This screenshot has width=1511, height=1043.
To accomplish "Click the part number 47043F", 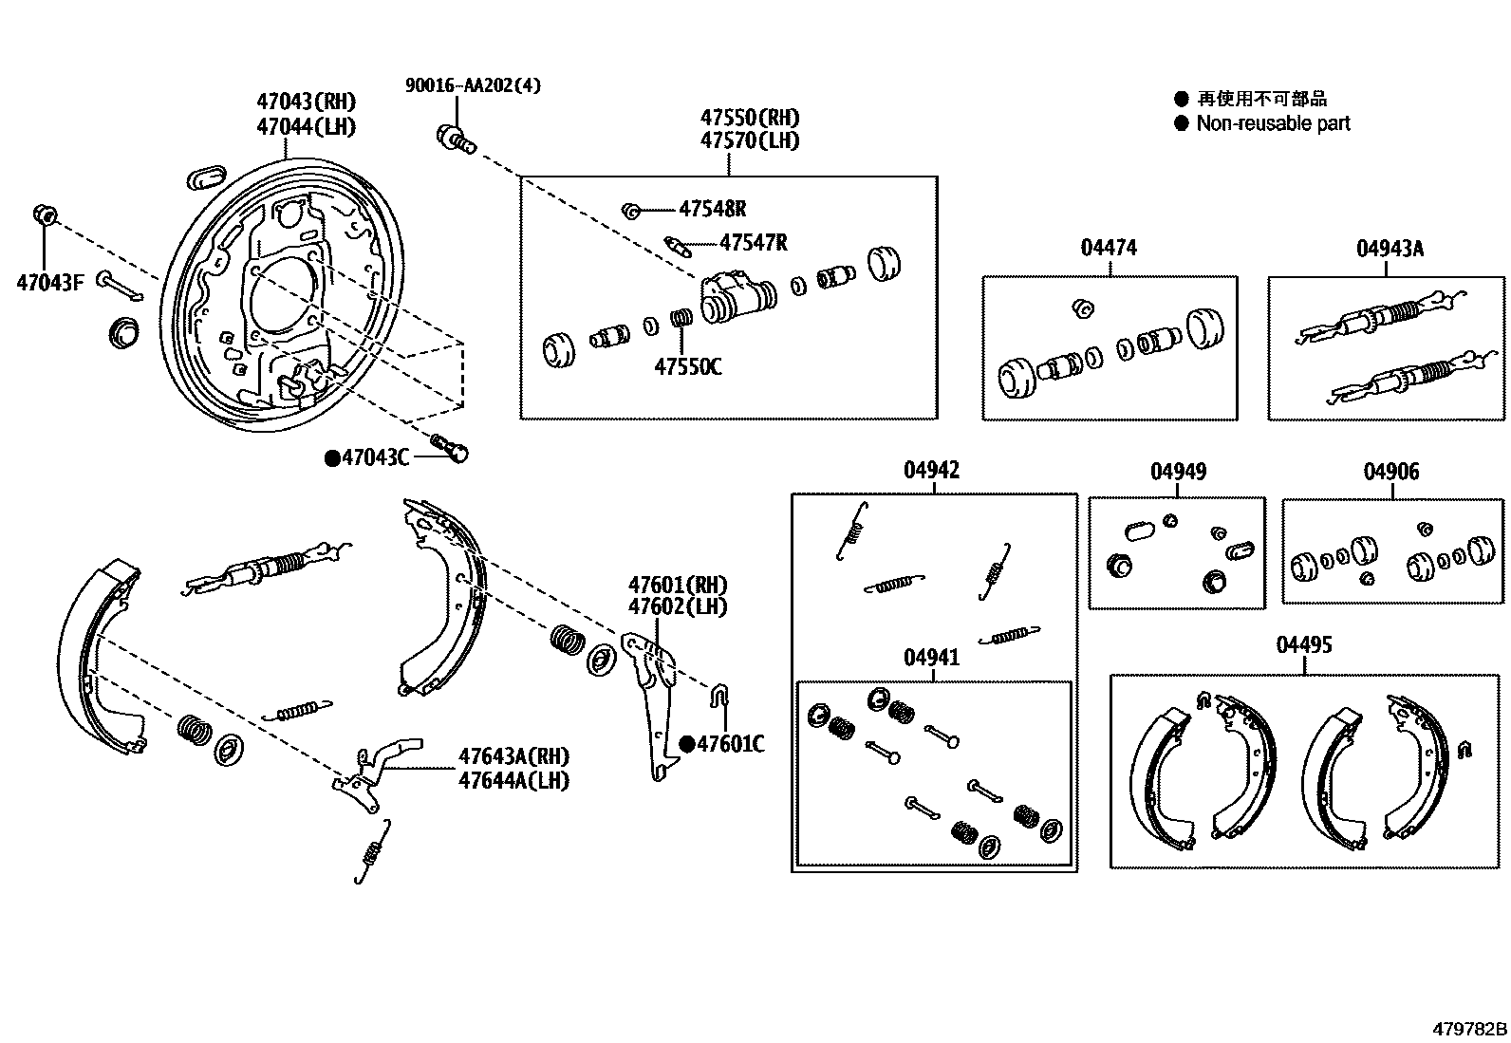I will coord(49,282).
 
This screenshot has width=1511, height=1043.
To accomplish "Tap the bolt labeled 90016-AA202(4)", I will coord(454,139).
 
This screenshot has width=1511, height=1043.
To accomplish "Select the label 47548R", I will coord(712,210).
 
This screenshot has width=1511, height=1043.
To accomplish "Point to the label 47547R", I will coord(753,243).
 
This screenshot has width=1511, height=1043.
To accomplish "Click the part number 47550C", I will coord(687,366).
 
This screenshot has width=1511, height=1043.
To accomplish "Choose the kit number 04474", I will coord(1109,248).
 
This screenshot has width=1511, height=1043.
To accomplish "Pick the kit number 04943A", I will coord(1390,249).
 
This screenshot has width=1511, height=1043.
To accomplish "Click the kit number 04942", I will coord(931,470).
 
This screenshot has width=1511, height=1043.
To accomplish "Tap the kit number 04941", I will coord(931,658).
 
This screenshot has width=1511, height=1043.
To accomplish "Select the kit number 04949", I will coord(1178,472).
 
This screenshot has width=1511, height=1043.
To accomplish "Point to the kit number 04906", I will coord(1391,472).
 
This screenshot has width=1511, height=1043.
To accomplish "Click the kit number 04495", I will coord(1304,645).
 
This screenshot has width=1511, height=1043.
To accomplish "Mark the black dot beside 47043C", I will coord(332,458).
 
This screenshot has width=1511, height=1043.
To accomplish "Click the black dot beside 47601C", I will coord(687,744).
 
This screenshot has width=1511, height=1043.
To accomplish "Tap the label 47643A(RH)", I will coord(513,756).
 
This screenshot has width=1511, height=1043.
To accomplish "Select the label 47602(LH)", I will coord(678,606).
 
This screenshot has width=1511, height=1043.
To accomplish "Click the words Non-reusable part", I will coord(1273,123).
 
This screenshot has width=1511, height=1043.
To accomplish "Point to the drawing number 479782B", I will coord(1470,1029).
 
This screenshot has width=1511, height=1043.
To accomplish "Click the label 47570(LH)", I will coord(750,140).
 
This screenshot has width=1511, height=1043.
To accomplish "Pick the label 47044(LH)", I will coord(306,126).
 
